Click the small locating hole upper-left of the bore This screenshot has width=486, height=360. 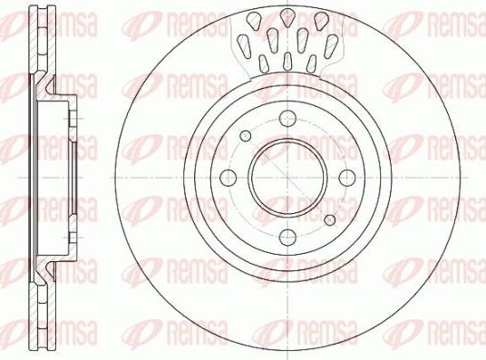point(245,135)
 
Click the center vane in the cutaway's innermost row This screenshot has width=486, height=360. point(287,61)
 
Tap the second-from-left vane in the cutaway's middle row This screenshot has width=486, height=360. point(272,38)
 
